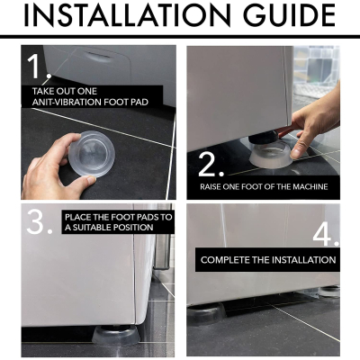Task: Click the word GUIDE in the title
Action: (290, 14)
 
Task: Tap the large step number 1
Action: (38, 67)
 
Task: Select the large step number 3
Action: (40, 221)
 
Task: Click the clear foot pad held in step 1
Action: (92, 153)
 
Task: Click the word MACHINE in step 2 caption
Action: (310, 187)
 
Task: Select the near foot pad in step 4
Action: (207, 313)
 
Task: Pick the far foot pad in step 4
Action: (328, 292)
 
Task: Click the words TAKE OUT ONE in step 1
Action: (65, 91)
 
